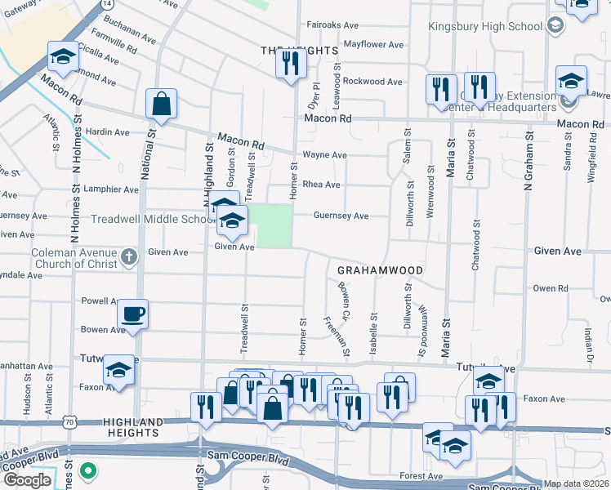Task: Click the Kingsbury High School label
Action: tap(485, 26)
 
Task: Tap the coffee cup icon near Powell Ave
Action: tap(132, 314)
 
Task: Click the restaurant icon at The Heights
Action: tap(291, 63)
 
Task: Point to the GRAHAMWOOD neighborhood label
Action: tap(381, 270)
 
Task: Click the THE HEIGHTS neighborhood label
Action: tap(299, 51)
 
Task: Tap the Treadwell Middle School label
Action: tap(153, 219)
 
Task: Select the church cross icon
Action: tap(128, 259)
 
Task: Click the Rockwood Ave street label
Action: tap(372, 82)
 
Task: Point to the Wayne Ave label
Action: tap(324, 154)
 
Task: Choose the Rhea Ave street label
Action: tap(321, 185)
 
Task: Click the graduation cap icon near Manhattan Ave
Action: tap(119, 371)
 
